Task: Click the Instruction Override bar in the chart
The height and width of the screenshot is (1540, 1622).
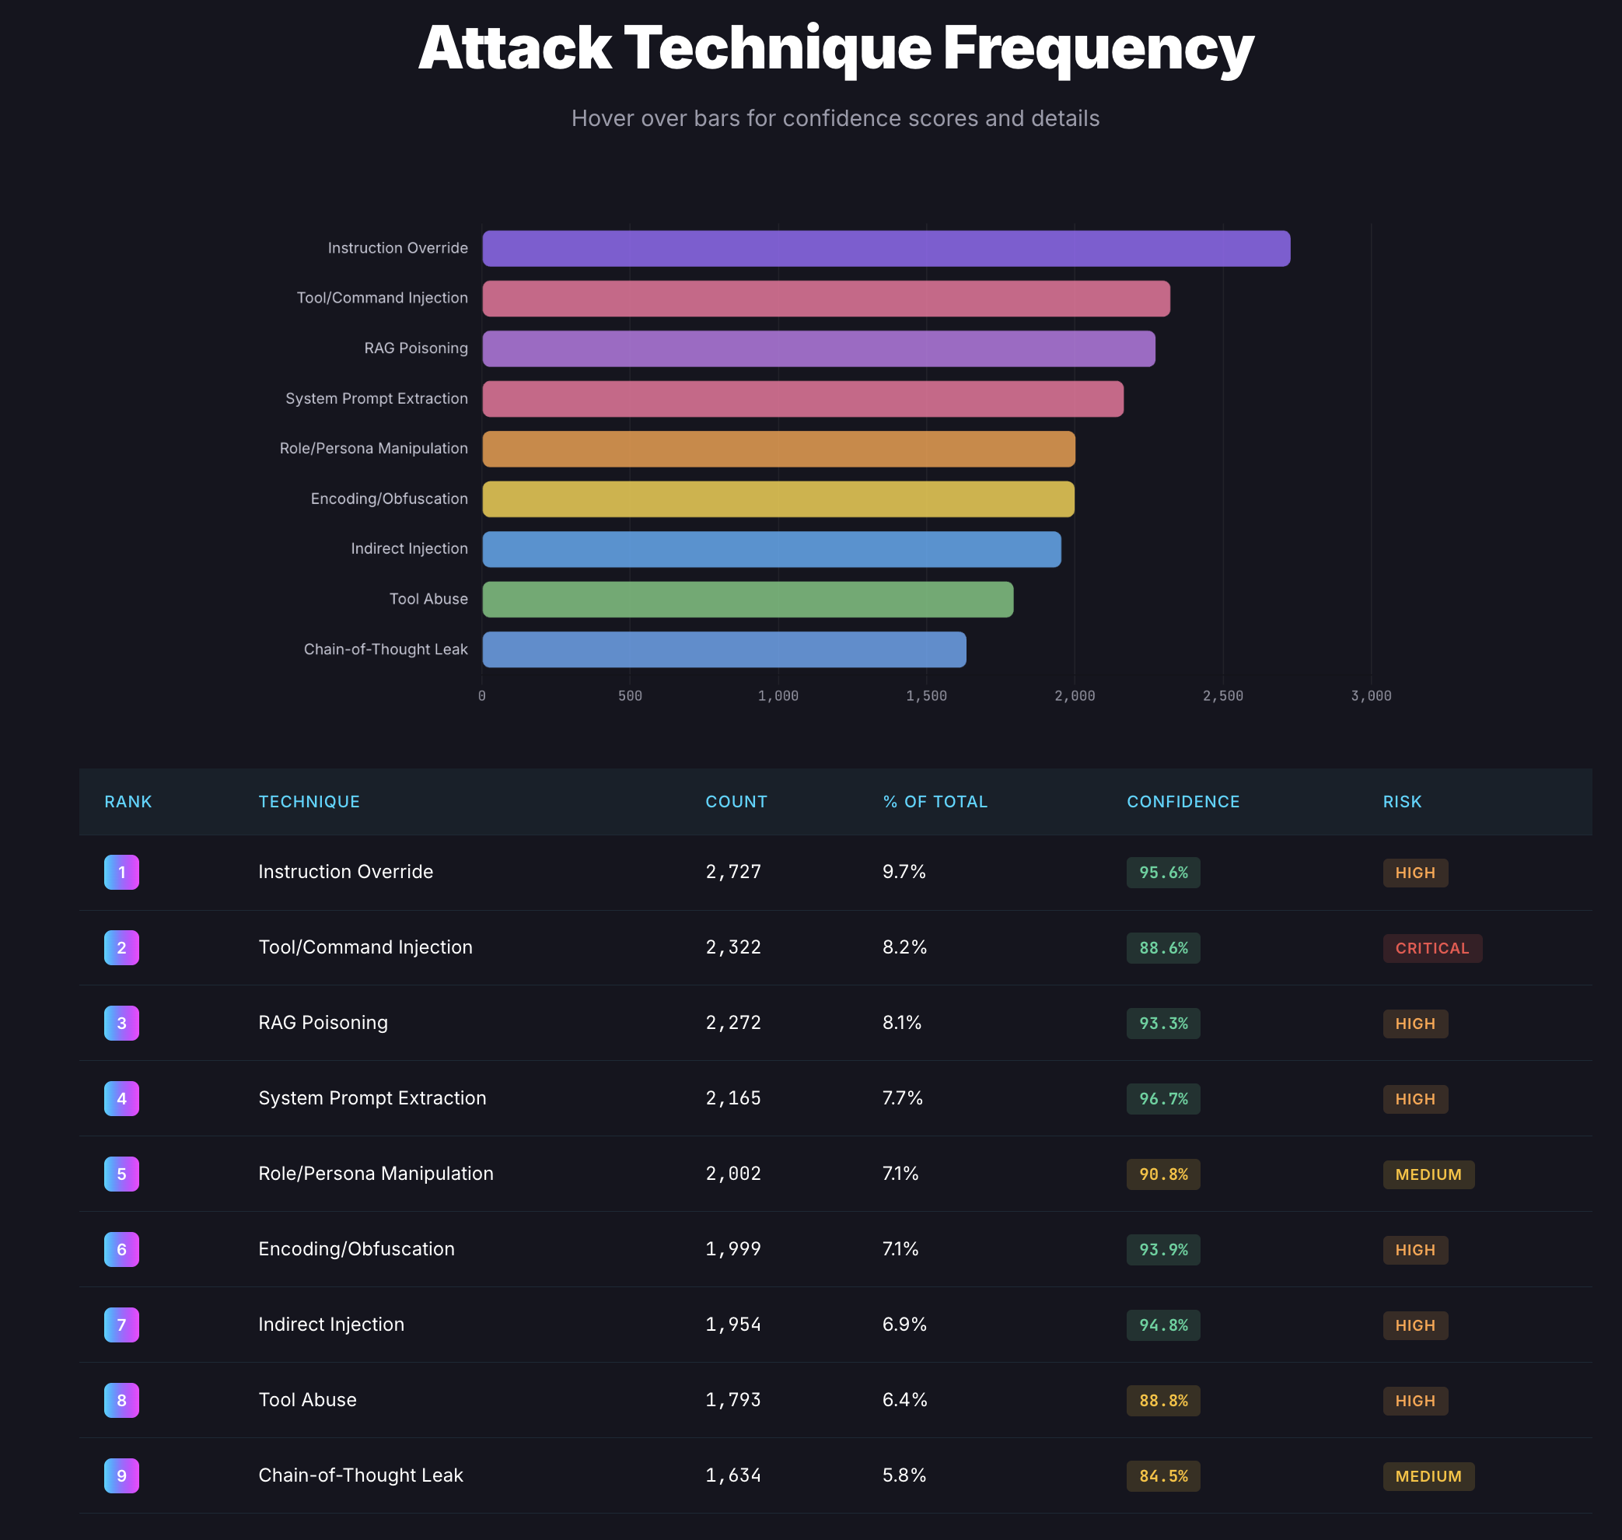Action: pyautogui.click(x=886, y=249)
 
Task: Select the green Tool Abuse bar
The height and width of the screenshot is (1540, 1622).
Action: pyautogui.click(x=747, y=599)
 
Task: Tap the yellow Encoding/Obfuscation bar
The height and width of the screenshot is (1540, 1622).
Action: pyautogui.click(x=778, y=499)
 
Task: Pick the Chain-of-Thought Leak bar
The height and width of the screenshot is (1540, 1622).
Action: pyautogui.click(x=724, y=649)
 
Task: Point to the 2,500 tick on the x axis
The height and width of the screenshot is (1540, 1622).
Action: pyautogui.click(x=1222, y=696)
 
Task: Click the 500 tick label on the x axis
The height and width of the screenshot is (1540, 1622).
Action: pyautogui.click(x=630, y=696)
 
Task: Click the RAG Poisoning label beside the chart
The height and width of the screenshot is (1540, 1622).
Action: pyautogui.click(x=415, y=348)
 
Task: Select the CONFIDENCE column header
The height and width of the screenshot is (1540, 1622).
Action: pyautogui.click(x=1183, y=802)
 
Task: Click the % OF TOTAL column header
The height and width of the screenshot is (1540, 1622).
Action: pyautogui.click(x=935, y=802)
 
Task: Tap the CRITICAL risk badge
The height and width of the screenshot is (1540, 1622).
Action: pyautogui.click(x=1431, y=948)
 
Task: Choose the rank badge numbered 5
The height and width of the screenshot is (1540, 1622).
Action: pyautogui.click(x=121, y=1174)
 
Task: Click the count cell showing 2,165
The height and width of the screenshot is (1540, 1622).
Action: pyautogui.click(x=733, y=1098)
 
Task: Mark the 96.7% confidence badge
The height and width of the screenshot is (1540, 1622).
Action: pyautogui.click(x=1163, y=1099)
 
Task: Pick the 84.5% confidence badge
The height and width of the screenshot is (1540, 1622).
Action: pyautogui.click(x=1163, y=1476)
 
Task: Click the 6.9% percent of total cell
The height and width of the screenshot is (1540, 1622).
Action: pyautogui.click(x=904, y=1324)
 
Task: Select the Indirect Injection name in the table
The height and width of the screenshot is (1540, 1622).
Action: pyautogui.click(x=330, y=1324)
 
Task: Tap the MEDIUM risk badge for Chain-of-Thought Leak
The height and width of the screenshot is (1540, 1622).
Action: pyautogui.click(x=1428, y=1476)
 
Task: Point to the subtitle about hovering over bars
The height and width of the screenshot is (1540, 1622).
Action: pyautogui.click(x=835, y=118)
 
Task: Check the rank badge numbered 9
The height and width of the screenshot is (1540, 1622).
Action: pyautogui.click(x=121, y=1476)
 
